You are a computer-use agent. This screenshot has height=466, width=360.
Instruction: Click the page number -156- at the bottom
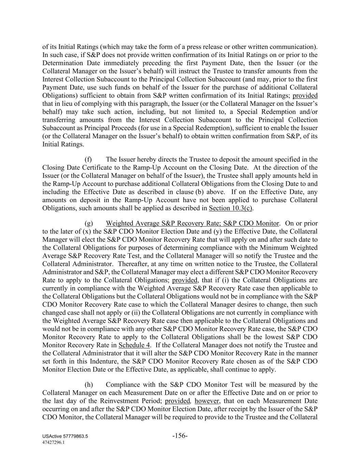click(x=180, y=436)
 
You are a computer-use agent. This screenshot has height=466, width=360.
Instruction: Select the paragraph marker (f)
click(x=88, y=159)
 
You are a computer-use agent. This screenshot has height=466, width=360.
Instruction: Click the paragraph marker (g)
click(x=89, y=224)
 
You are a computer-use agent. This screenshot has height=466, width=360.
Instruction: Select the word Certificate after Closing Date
click(x=86, y=168)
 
